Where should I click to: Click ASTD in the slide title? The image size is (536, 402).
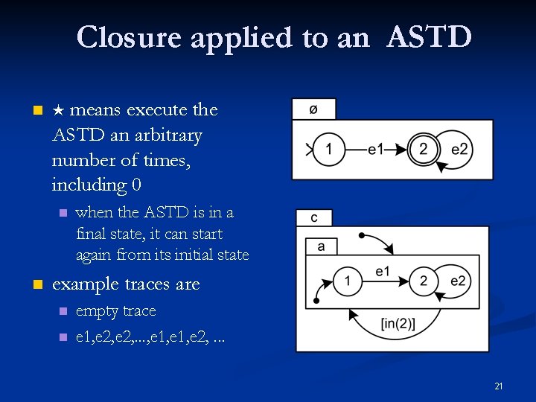tap(429, 36)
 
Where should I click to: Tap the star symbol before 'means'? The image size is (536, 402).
tap(60, 111)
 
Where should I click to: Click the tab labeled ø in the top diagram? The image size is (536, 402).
tap(313, 109)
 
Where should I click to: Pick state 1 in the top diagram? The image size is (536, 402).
tap(329, 149)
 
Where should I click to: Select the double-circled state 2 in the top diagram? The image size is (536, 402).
tap(423, 149)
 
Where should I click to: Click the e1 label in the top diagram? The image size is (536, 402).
tap(376, 150)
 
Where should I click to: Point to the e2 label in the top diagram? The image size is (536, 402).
tap(460, 150)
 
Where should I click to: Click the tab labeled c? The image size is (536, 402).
tap(314, 217)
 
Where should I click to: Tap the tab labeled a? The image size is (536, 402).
tap(321, 246)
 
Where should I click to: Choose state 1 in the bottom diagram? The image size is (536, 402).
tap(347, 281)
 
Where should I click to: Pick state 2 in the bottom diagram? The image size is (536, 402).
tap(423, 281)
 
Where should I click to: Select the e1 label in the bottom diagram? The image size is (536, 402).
tap(383, 271)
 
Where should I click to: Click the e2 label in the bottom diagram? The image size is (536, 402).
tap(458, 281)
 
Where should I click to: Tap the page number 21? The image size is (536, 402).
tap(499, 386)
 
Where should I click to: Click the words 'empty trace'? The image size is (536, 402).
tap(116, 310)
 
